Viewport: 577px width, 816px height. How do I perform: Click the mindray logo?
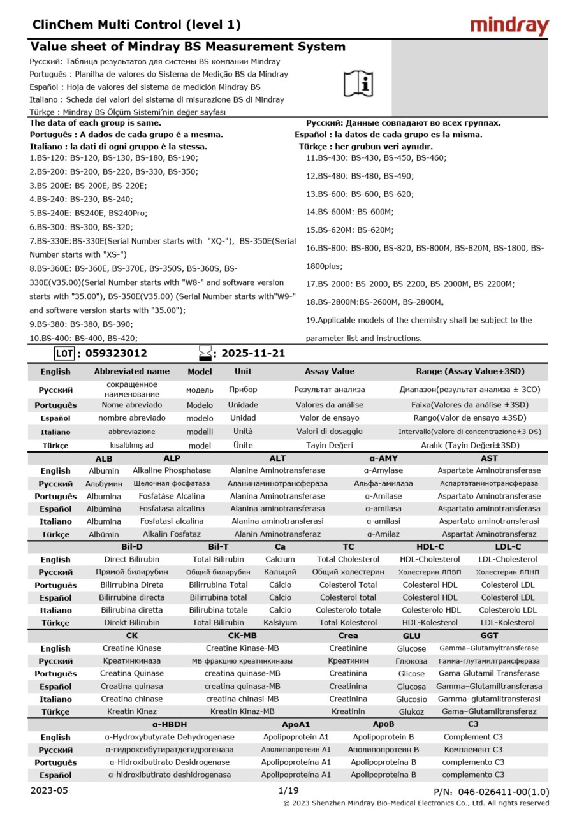(509, 25)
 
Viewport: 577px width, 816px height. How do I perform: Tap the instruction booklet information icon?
(358, 83)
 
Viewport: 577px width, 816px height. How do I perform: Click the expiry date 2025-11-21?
(253, 353)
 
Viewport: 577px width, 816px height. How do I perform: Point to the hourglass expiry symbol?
(205, 353)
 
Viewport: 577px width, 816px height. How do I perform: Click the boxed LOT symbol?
(64, 353)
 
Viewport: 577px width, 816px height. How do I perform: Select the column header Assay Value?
(329, 371)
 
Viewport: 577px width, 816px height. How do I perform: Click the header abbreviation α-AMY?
(383, 458)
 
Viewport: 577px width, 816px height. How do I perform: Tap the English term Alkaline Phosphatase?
(172, 470)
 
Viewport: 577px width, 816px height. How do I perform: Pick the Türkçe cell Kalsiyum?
(280, 623)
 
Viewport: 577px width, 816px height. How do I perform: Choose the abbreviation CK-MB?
(244, 636)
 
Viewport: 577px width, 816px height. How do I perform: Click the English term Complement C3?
(472, 737)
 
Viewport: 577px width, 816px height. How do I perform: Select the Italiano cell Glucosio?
(411, 699)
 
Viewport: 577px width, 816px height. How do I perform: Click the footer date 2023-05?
(48, 790)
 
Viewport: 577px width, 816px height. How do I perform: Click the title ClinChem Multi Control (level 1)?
(136, 25)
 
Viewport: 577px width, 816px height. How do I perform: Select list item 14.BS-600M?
(349, 212)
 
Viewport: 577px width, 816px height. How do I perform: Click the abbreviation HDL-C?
(430, 547)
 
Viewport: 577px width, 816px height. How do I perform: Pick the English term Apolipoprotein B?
(383, 737)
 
